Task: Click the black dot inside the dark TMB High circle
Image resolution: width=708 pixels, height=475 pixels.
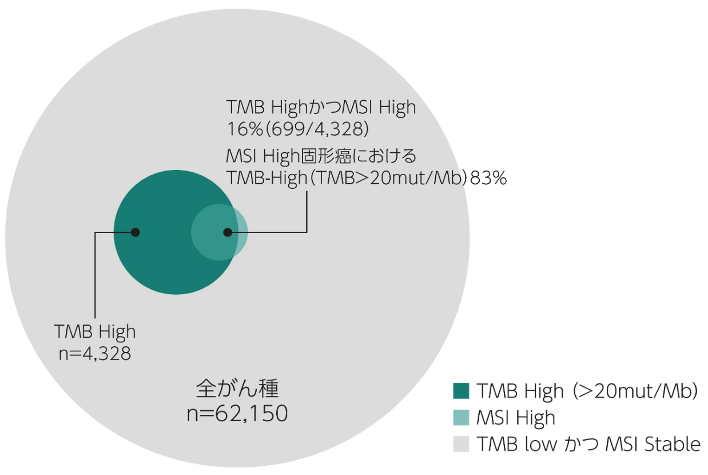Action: click(136, 232)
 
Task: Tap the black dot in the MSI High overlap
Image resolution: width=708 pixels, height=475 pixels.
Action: click(228, 232)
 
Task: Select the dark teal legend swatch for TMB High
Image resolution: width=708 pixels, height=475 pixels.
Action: click(461, 390)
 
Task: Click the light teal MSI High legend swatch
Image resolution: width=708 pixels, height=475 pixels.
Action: click(461, 417)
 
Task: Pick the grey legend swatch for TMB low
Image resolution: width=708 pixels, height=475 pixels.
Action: click(461, 444)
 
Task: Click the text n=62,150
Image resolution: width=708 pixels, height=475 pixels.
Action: click(237, 413)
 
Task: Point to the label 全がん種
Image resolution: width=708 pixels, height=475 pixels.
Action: click(237, 388)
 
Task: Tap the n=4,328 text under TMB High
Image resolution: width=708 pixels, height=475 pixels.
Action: click(95, 353)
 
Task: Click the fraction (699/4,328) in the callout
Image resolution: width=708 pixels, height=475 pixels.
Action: click(317, 129)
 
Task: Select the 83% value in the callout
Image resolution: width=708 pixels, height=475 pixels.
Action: click(488, 178)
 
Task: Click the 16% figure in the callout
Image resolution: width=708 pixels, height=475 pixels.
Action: click(245, 129)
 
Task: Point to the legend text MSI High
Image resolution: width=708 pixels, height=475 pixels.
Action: click(516, 418)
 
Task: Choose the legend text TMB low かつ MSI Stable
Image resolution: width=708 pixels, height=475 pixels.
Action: click(588, 444)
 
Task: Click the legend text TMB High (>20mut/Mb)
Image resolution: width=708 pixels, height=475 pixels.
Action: click(587, 391)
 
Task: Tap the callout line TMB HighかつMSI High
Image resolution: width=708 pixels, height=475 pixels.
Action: click(321, 107)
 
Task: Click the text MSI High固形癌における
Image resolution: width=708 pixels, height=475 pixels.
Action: click(321, 156)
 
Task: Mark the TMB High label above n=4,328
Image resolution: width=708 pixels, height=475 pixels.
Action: click(95, 332)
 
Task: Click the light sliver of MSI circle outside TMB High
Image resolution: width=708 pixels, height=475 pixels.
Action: click(242, 232)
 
